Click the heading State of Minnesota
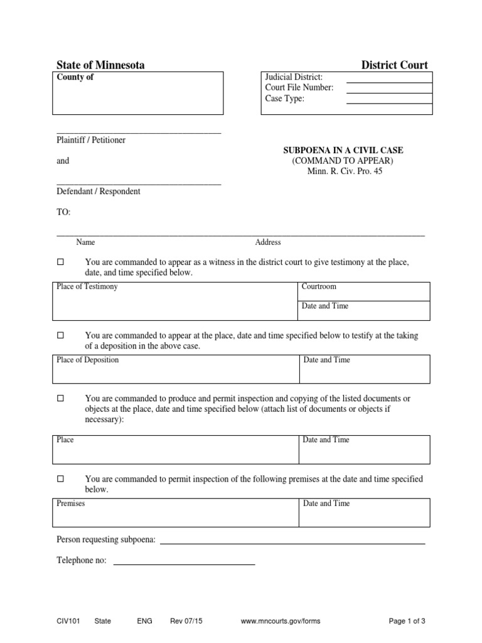pos(100,65)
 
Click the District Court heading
pos(394,65)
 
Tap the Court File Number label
pos(299,88)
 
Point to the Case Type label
pos(284,99)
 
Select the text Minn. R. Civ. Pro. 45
pos(345,171)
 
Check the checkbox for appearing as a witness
pos(61,262)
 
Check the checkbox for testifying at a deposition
pos(61,336)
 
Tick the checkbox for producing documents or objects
pos(61,398)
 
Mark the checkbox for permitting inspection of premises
pos(61,479)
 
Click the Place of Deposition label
pos(87,360)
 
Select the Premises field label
pos(71,504)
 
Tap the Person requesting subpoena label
pos(106,539)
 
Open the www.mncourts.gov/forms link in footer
pos(281,621)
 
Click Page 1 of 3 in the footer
pos(407,621)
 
